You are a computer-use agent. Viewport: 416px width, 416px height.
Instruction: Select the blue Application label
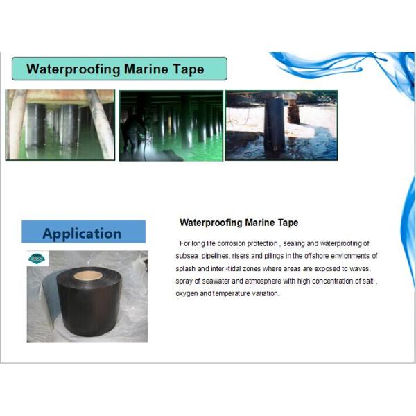coord(83,233)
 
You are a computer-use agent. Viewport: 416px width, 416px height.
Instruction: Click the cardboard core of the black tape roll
coord(89,275)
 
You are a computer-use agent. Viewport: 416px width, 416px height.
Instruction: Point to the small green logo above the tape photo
coord(36,259)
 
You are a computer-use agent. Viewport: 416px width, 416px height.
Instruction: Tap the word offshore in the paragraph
coord(306,256)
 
